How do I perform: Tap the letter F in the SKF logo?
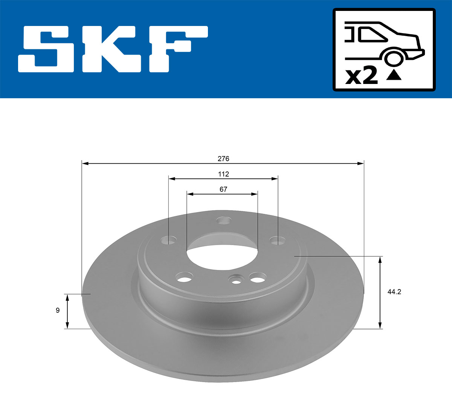[x=177, y=49]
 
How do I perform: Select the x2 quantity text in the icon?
[x=361, y=76]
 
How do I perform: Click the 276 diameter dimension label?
[x=223, y=159]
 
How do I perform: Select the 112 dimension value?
[x=223, y=174]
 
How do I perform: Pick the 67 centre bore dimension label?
[x=223, y=189]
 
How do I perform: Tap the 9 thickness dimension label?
[x=58, y=311]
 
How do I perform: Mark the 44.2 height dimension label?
[x=394, y=292]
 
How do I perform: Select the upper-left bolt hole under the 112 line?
[x=168, y=240]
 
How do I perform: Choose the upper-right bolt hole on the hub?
[x=278, y=240]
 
